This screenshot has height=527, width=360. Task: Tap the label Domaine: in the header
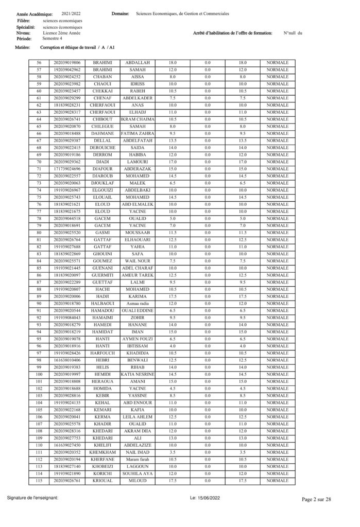click(x=120, y=14)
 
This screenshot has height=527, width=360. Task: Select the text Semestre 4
click(x=53, y=39)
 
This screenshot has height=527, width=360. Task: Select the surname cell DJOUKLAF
click(x=102, y=183)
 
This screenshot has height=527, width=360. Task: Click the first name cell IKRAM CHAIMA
click(x=138, y=119)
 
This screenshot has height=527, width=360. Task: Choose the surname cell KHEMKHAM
click(x=102, y=452)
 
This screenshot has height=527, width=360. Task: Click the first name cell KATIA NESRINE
click(x=138, y=389)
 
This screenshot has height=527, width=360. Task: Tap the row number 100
click(x=39, y=389)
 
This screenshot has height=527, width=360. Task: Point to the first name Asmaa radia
click(x=138, y=304)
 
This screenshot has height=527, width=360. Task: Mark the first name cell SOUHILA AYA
click(x=138, y=473)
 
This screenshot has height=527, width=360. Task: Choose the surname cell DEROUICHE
click(x=102, y=148)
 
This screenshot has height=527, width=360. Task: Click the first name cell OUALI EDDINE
click(x=138, y=311)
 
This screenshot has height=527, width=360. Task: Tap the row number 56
click(x=39, y=63)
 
